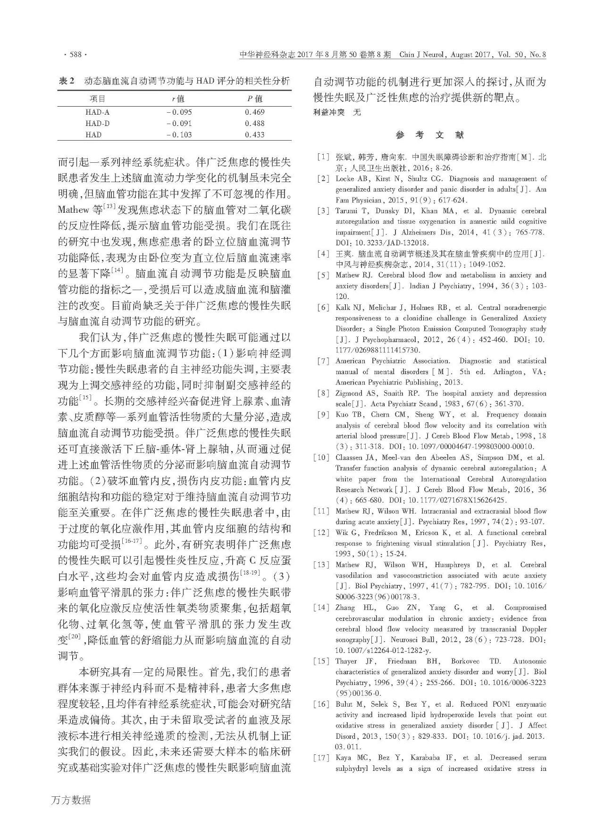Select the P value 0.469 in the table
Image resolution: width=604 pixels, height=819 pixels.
[254, 112]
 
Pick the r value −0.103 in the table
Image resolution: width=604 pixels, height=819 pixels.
[179, 134]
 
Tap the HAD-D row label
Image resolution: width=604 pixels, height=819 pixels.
[98, 124]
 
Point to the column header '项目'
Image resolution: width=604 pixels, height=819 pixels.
[98, 99]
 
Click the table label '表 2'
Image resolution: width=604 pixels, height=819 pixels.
[66, 81]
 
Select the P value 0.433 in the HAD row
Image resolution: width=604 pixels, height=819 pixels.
[254, 134]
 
